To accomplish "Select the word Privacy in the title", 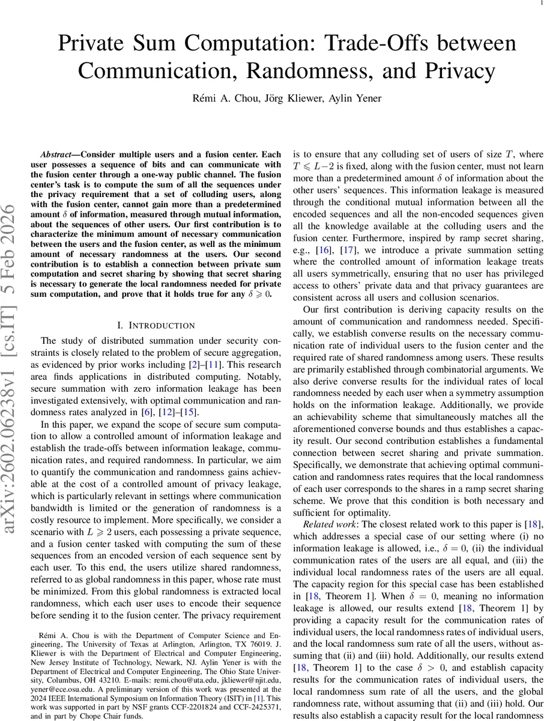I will pos(453,71).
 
